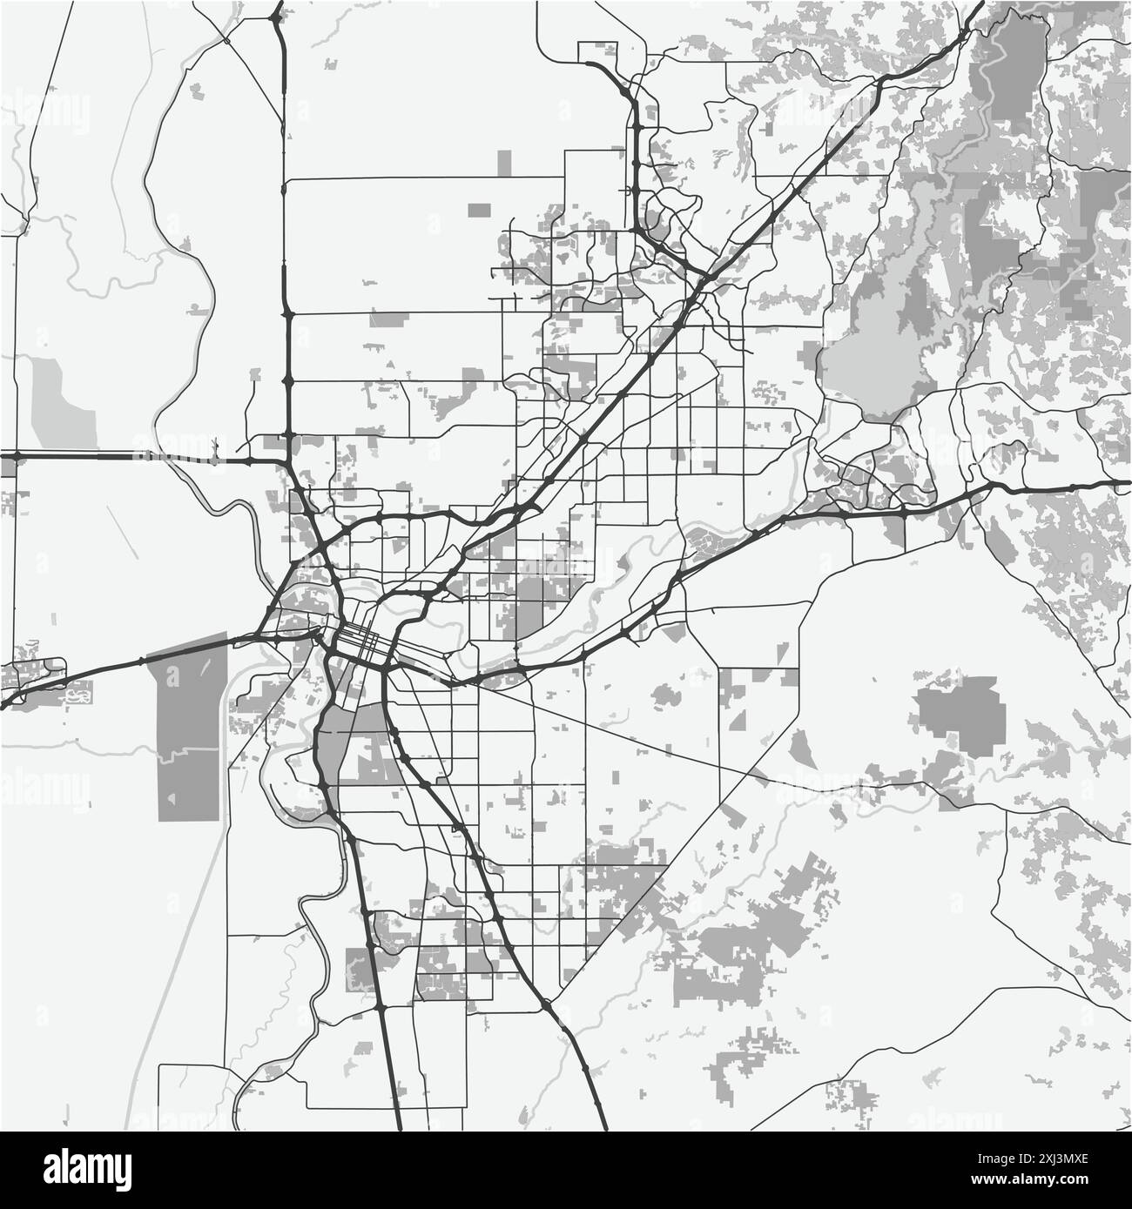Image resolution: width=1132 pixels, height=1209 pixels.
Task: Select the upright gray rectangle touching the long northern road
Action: pyautogui.click(x=504, y=165)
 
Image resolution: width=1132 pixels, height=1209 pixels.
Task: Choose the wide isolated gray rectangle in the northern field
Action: pyautogui.click(x=480, y=210)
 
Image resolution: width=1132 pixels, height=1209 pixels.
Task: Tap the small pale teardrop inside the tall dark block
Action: pyautogui.click(x=172, y=798)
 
